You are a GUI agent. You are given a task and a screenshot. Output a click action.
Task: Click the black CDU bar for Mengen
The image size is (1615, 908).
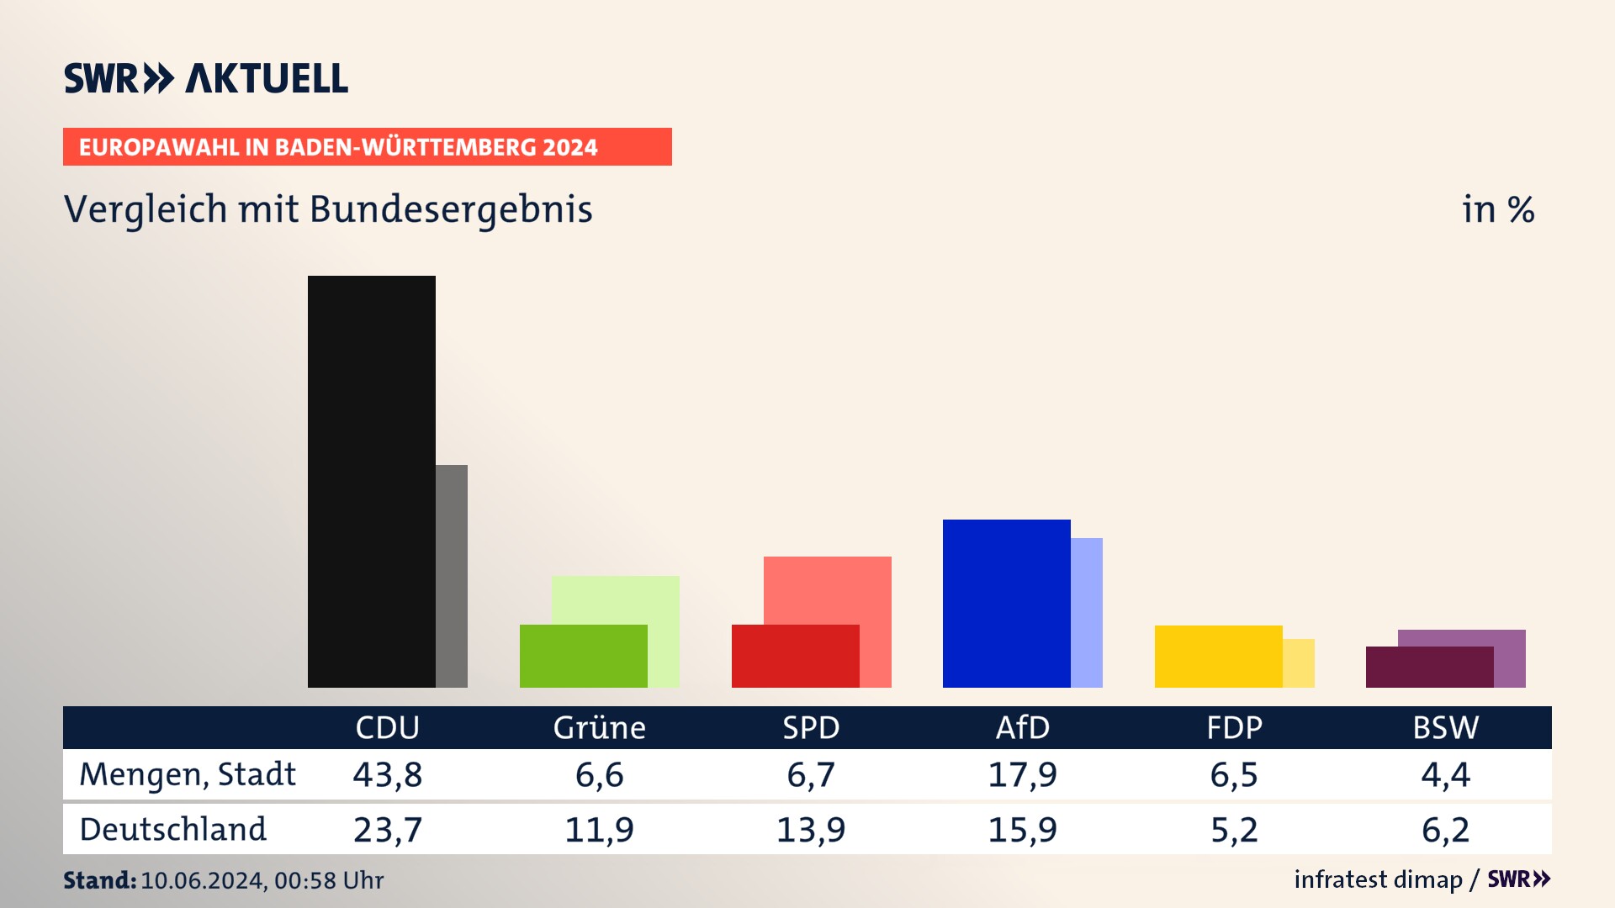click(x=371, y=481)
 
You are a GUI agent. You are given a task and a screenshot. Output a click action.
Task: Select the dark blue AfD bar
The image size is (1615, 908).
click(x=1006, y=603)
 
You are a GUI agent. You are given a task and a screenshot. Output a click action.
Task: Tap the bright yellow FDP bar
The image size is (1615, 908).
click(x=1218, y=656)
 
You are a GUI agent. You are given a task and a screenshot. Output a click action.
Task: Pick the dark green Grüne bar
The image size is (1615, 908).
click(x=583, y=656)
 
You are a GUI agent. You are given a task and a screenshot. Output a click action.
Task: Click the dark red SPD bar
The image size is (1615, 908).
click(x=795, y=656)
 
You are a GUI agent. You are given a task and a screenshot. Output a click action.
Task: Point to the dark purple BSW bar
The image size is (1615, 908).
click(x=1429, y=667)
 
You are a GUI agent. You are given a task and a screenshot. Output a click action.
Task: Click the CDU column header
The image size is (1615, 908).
click(x=387, y=727)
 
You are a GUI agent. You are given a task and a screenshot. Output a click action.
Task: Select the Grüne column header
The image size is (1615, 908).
click(x=599, y=727)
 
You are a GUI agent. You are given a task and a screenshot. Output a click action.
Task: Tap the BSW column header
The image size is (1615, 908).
click(x=1445, y=727)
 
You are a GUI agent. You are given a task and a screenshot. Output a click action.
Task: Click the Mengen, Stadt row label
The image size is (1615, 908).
click(x=188, y=774)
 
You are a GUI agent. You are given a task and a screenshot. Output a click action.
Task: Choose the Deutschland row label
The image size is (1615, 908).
click(x=172, y=830)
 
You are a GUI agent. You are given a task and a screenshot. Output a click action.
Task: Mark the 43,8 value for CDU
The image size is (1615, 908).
click(x=387, y=774)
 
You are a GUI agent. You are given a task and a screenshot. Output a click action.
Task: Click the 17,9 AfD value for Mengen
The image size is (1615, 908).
click(x=1022, y=774)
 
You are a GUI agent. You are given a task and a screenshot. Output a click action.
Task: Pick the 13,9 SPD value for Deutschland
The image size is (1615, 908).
click(x=811, y=830)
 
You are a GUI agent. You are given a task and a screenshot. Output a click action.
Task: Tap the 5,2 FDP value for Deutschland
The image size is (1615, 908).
click(x=1234, y=830)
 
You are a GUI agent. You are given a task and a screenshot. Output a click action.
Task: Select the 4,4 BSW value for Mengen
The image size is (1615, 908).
click(x=1445, y=774)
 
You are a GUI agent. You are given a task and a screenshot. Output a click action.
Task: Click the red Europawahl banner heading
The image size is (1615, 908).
click(x=367, y=147)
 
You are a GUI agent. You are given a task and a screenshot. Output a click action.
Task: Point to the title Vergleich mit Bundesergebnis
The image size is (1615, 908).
click(x=328, y=209)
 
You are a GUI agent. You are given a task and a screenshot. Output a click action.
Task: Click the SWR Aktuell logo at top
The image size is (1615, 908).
click(x=206, y=78)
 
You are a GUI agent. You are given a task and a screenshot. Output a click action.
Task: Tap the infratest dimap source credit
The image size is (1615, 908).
click(x=1378, y=879)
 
